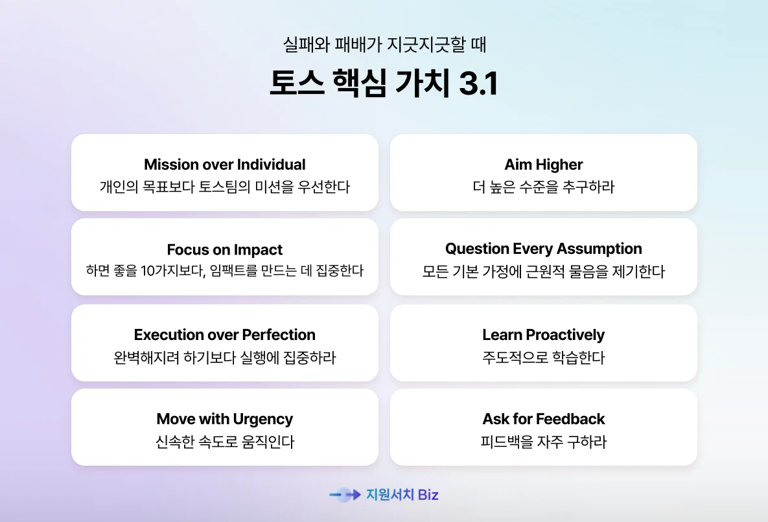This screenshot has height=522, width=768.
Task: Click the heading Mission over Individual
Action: (224, 165)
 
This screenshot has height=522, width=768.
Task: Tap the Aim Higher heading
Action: (544, 165)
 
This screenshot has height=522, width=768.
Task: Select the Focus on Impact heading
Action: (224, 250)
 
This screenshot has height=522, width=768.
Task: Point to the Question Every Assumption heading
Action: (543, 249)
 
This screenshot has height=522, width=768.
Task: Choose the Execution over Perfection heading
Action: (224, 335)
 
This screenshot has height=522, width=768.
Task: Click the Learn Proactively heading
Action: (543, 335)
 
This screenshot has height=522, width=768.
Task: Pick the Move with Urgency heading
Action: (224, 419)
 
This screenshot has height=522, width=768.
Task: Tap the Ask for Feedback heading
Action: (544, 419)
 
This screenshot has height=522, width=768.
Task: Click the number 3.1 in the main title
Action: (478, 83)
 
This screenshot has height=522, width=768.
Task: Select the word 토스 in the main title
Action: (296, 83)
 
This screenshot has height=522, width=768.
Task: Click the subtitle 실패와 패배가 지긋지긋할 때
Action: (384, 45)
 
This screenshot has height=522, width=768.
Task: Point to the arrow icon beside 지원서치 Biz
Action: (345, 495)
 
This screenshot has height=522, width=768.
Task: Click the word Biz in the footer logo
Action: (428, 495)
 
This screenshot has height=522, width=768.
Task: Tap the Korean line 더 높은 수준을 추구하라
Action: (543, 187)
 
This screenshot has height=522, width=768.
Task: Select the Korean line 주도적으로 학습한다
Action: (543, 357)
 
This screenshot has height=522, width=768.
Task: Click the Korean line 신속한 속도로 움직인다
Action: (224, 442)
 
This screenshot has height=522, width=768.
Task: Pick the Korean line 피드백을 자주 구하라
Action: (543, 442)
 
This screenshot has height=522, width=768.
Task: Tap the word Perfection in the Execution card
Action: (279, 335)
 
